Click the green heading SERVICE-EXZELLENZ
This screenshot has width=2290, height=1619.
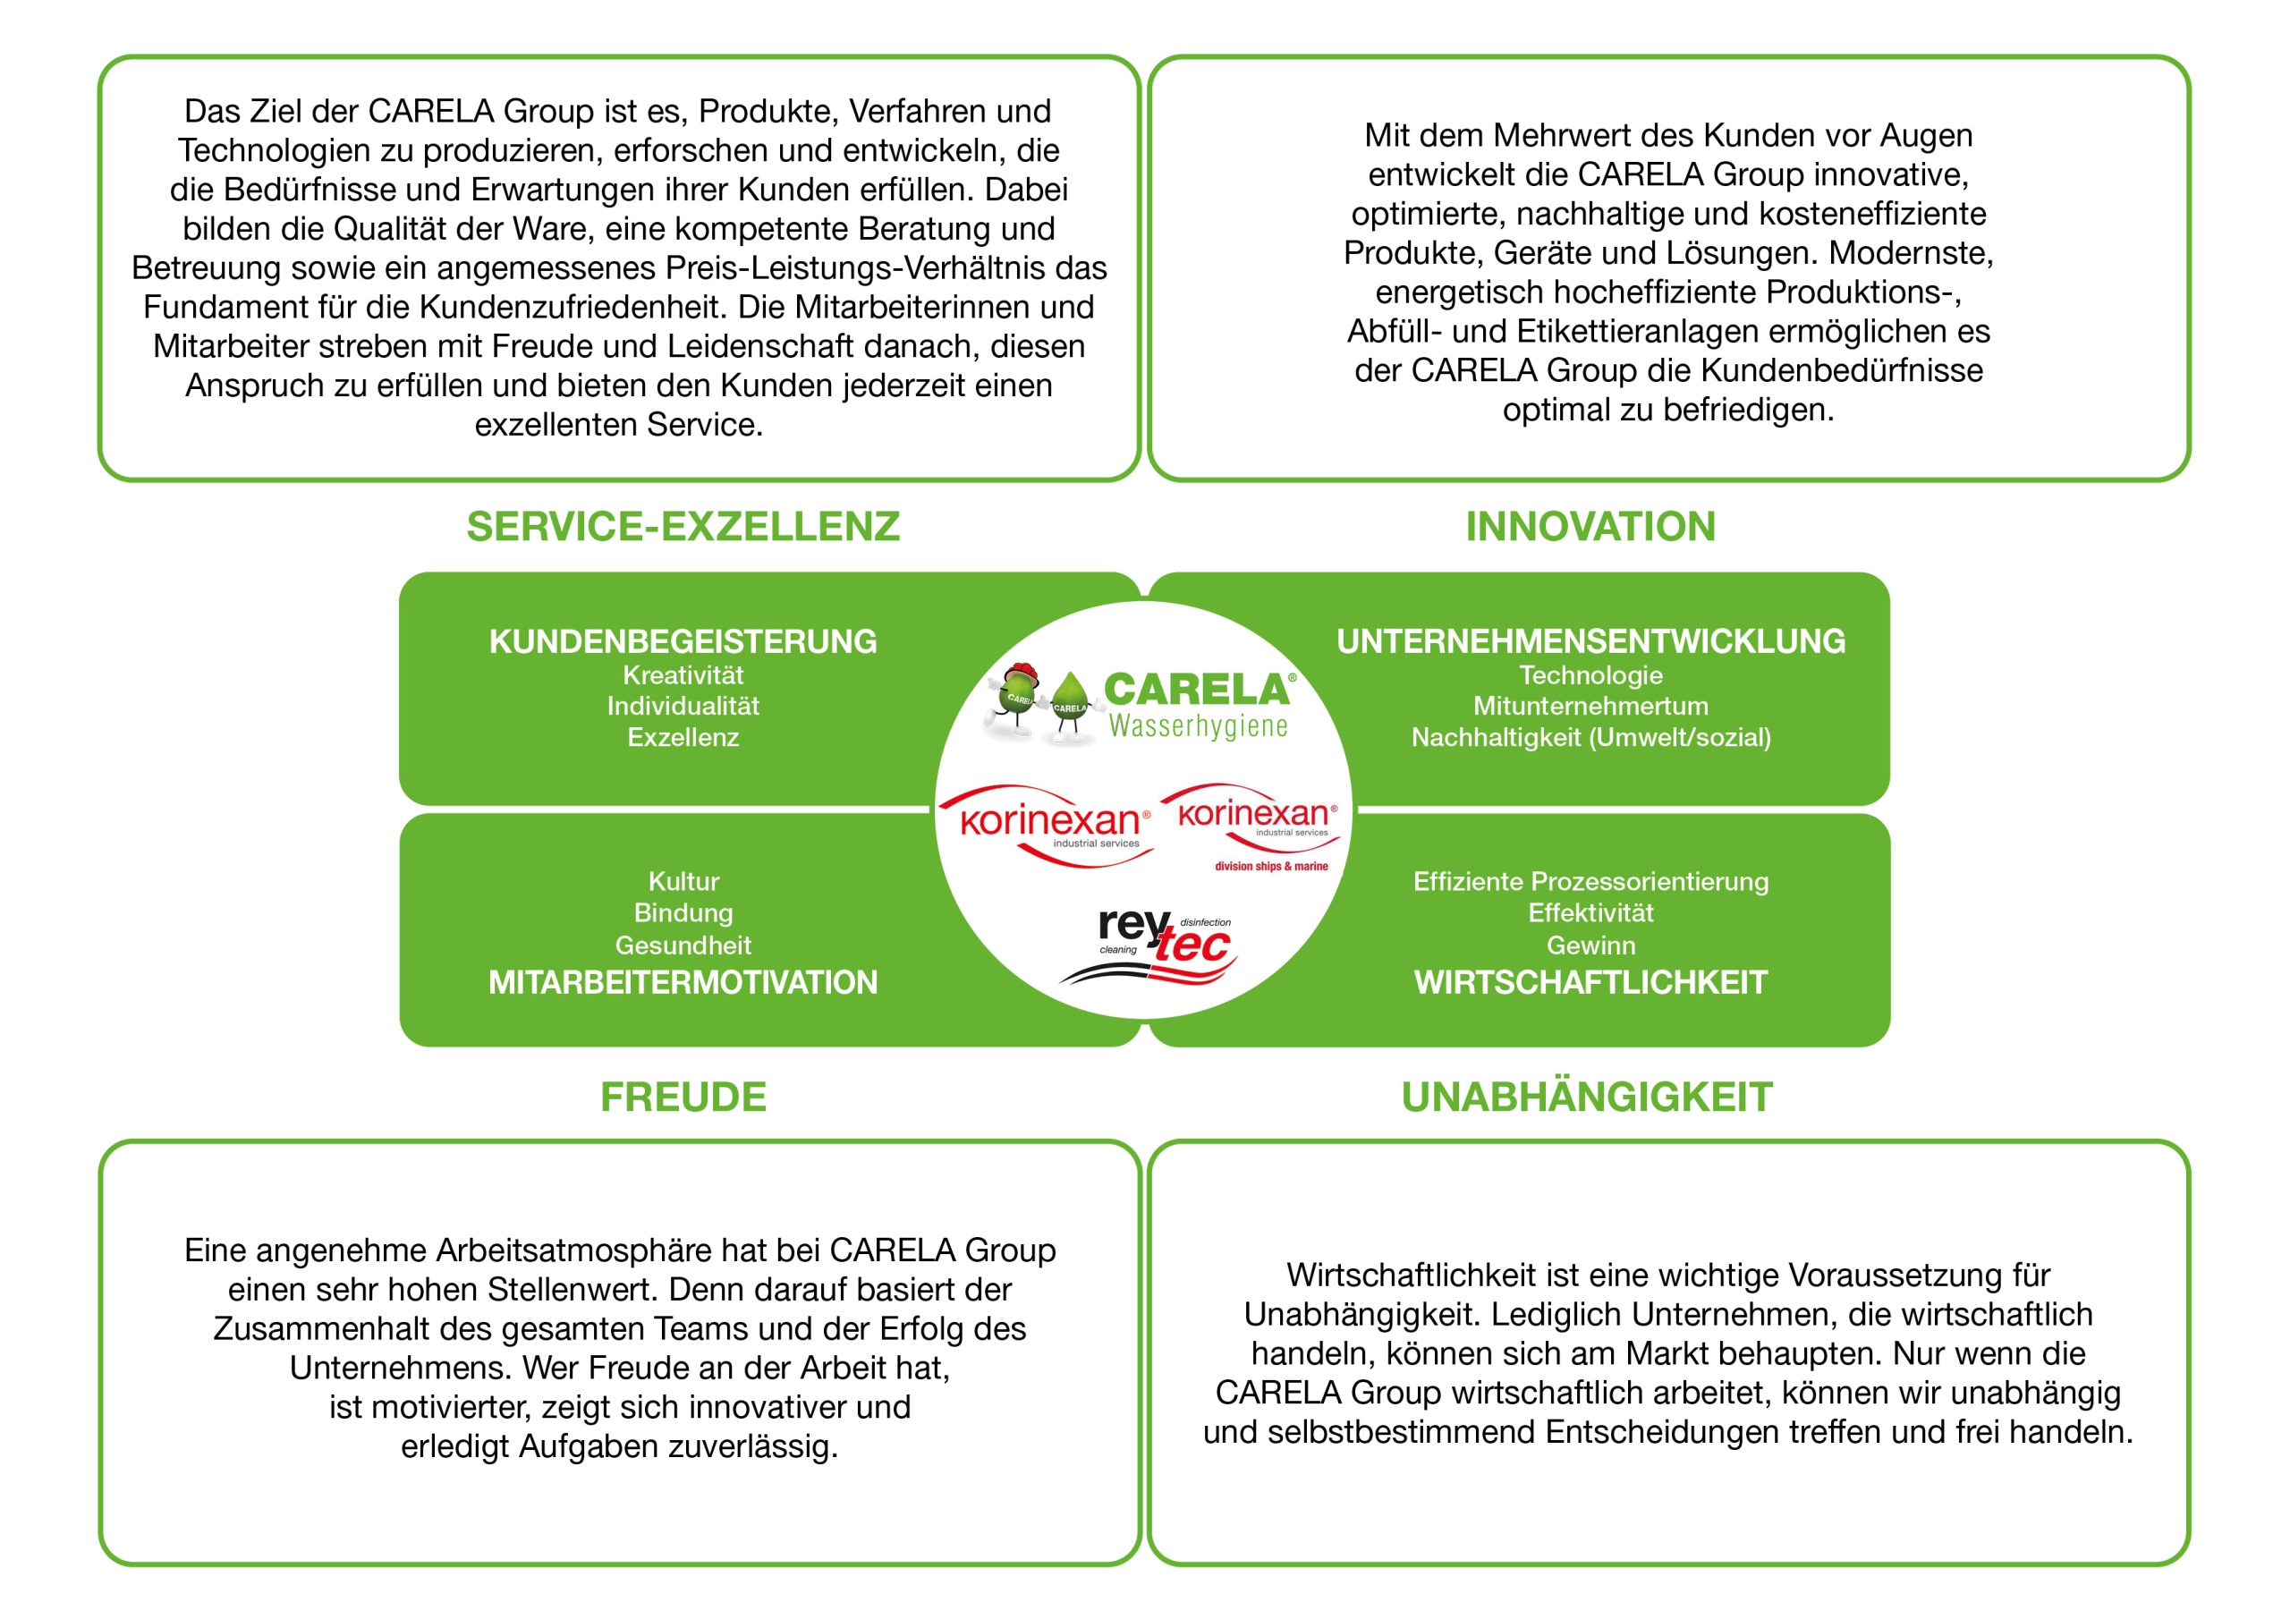click(x=683, y=527)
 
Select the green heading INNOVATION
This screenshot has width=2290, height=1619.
click(x=1590, y=527)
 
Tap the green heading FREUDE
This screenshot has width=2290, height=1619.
click(x=683, y=1098)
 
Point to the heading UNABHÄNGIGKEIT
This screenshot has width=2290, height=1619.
click(x=1587, y=1098)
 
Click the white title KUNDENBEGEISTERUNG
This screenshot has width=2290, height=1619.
click(x=683, y=641)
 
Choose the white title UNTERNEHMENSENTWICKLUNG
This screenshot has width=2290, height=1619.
click(x=1590, y=641)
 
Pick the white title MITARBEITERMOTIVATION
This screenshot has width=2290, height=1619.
click(x=683, y=982)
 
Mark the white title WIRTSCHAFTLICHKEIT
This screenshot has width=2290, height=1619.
click(x=1590, y=982)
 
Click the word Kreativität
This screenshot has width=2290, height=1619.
click(x=683, y=675)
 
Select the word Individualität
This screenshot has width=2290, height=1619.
click(x=683, y=707)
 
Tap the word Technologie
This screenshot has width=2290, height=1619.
click(x=1590, y=675)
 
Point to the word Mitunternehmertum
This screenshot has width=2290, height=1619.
click(x=1590, y=707)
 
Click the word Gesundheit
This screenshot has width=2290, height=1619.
click(x=683, y=945)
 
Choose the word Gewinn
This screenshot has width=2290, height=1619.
click(x=1590, y=945)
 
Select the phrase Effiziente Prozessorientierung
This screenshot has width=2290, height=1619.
click(x=1590, y=882)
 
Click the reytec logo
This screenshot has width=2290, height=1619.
click(x=1165, y=943)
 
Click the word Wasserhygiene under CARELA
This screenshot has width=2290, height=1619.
click(x=1198, y=726)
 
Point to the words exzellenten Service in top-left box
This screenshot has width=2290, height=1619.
click(x=618, y=425)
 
